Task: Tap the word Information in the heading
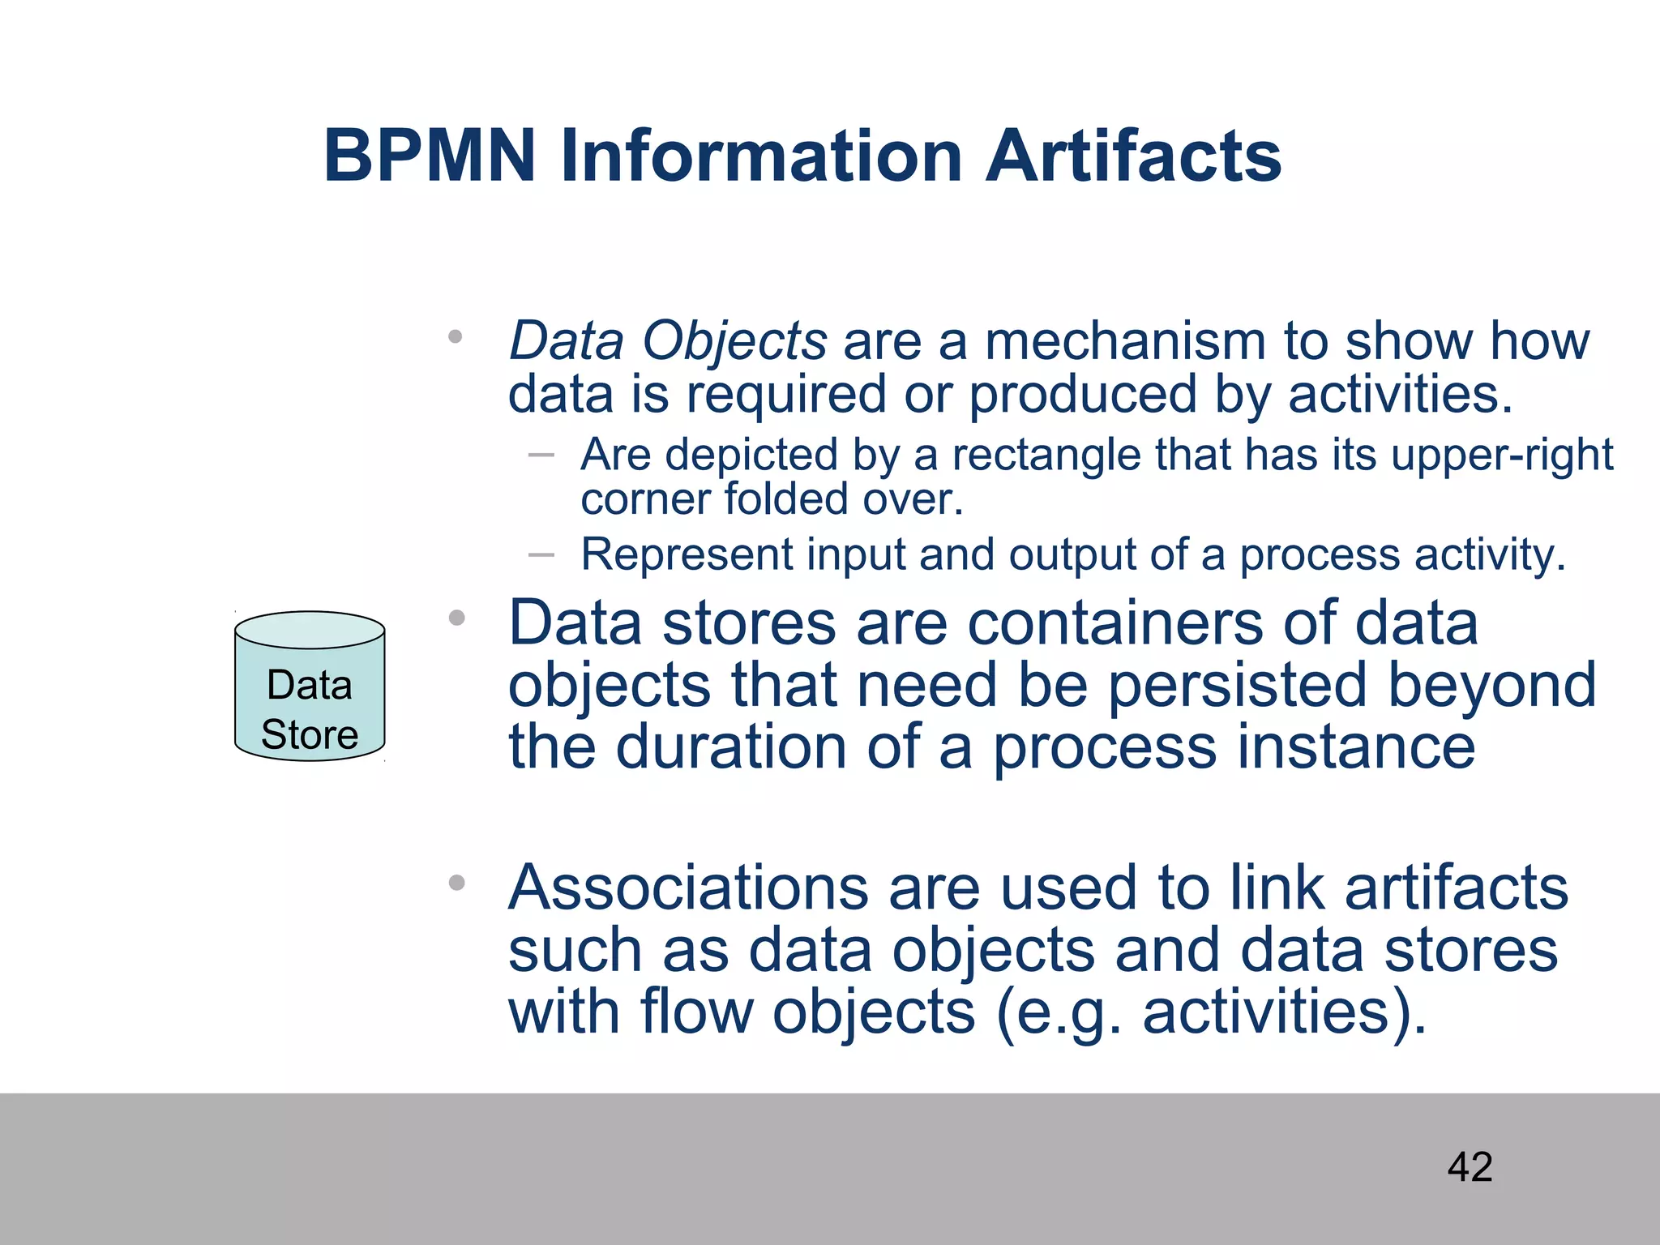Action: pyautogui.click(x=761, y=156)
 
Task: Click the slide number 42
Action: pyautogui.click(x=1470, y=1167)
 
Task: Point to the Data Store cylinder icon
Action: pyautogui.click(x=310, y=685)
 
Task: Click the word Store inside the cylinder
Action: pyautogui.click(x=310, y=734)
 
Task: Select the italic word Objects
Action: pyautogui.click(x=734, y=342)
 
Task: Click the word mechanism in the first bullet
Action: pyautogui.click(x=1125, y=340)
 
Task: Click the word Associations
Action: pyautogui.click(x=688, y=888)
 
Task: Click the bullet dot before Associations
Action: pyautogui.click(x=457, y=883)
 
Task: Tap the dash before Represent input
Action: pyautogui.click(x=541, y=555)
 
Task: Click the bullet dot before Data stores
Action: pyautogui.click(x=457, y=618)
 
